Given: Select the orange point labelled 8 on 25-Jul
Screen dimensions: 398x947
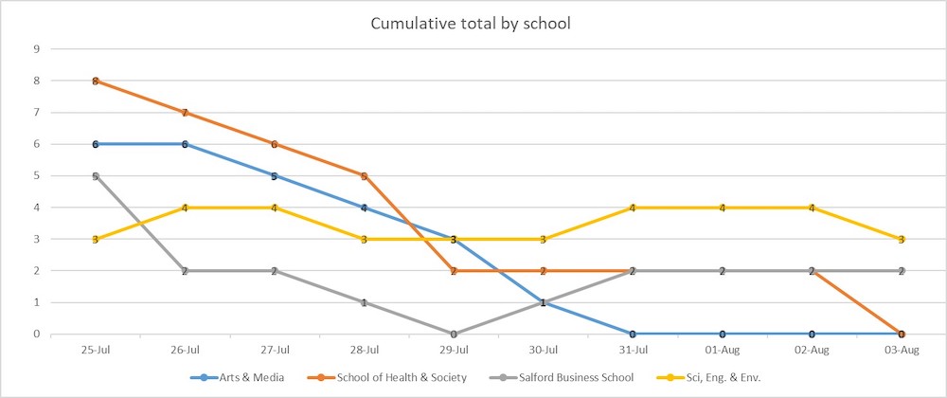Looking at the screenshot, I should (x=96, y=81).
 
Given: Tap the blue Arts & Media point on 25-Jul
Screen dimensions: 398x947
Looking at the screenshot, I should (x=96, y=144).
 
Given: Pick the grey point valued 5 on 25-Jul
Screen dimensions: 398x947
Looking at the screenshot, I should (x=96, y=175).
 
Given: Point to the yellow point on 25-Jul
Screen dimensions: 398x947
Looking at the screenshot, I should (x=96, y=239).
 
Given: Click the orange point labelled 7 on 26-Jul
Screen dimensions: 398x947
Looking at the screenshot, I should (x=186, y=113).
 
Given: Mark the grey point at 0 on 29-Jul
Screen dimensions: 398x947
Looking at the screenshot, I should (x=454, y=334).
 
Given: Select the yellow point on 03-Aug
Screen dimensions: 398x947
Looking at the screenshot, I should (x=901, y=239).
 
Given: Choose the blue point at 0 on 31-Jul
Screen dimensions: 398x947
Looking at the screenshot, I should (x=633, y=334).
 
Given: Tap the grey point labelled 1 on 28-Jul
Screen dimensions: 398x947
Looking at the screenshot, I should (x=365, y=302).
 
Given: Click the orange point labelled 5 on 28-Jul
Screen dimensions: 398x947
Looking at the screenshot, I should (x=365, y=175).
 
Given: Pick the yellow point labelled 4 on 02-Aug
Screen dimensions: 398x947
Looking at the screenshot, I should (x=812, y=208).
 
